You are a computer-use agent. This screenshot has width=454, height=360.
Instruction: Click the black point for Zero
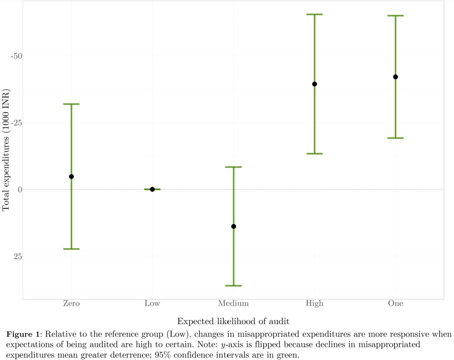pyautogui.click(x=71, y=177)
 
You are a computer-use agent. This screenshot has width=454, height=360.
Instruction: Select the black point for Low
pyautogui.click(x=152, y=189)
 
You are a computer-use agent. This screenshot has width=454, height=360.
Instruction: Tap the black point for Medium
pyautogui.click(x=234, y=226)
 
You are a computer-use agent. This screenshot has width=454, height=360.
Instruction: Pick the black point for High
pyautogui.click(x=315, y=84)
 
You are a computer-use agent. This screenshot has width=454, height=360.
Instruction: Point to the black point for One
pyautogui.click(x=396, y=77)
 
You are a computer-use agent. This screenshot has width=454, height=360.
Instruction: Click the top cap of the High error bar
pyautogui.click(x=315, y=15)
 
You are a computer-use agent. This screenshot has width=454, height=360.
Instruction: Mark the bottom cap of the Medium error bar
pyautogui.click(x=234, y=286)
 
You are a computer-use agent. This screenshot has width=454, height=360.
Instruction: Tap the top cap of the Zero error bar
pyautogui.click(x=71, y=104)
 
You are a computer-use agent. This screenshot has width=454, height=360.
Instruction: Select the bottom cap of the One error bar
pyautogui.click(x=396, y=138)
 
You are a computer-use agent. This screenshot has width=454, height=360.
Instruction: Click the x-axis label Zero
pyautogui.click(x=71, y=303)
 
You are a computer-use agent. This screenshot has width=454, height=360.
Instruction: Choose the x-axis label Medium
pyautogui.click(x=234, y=303)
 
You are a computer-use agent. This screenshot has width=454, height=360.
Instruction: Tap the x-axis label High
pyautogui.click(x=315, y=303)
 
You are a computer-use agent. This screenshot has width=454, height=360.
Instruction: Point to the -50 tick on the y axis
pyautogui.click(x=16, y=56)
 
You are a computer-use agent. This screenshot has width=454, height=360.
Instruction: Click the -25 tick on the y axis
pyautogui.click(x=16, y=123)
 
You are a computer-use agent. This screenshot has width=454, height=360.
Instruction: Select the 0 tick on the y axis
pyautogui.click(x=20, y=189)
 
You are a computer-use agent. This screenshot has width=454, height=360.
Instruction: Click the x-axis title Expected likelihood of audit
pyautogui.click(x=233, y=321)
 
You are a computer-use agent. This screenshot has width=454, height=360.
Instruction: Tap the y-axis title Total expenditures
pyautogui.click(x=6, y=150)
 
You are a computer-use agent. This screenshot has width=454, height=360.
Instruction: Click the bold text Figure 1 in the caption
pyautogui.click(x=23, y=334)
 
